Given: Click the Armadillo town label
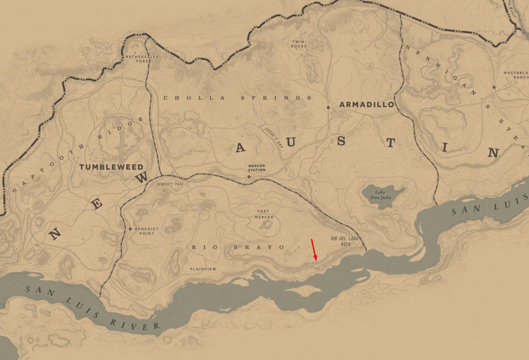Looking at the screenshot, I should click(367, 105).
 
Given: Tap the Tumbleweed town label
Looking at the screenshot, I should click(111, 167).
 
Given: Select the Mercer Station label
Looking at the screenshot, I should click(256, 168).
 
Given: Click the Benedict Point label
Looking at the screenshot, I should click(146, 231).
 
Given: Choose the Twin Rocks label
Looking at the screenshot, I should click(299, 44).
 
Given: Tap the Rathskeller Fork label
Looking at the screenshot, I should click(142, 59).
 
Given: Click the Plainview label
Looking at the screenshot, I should click(203, 269).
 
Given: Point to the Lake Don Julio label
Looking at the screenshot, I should click(381, 195).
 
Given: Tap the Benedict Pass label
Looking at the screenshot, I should click(170, 184).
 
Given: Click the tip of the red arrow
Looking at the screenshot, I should click(316, 260).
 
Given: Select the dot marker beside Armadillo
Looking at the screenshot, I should click(328, 107).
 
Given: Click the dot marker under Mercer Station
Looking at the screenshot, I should click(249, 177).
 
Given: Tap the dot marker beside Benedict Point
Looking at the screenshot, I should click(130, 229).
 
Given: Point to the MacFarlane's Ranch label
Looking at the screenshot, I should click(517, 75).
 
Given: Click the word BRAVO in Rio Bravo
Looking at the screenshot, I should click(259, 247).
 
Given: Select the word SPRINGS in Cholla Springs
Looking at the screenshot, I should click(276, 98).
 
